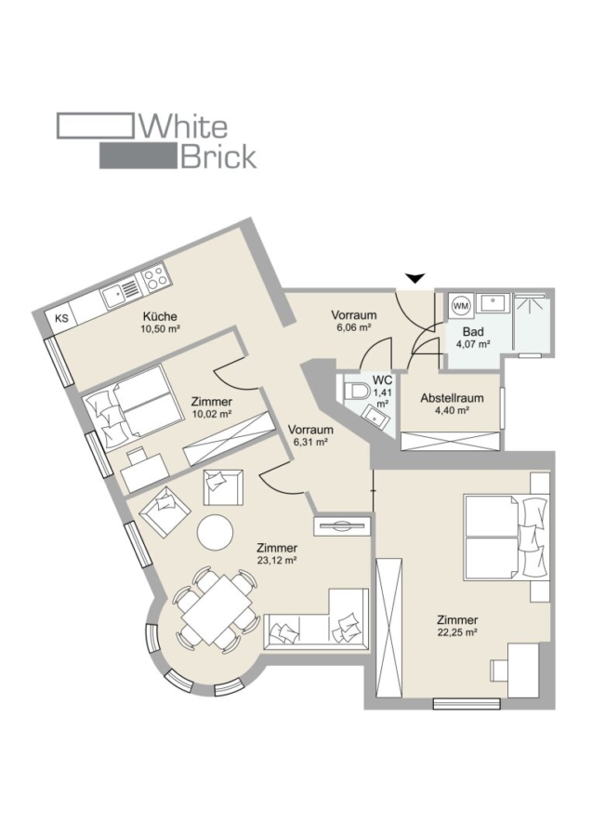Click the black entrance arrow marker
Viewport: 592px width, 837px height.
[415, 276]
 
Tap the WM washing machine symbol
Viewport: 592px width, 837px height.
[460, 304]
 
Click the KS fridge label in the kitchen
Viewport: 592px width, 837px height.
[62, 319]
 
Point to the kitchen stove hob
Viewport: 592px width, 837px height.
[155, 276]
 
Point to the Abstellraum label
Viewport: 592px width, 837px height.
[451, 398]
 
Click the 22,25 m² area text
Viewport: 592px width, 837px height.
[458, 632]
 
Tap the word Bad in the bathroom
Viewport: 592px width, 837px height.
[472, 331]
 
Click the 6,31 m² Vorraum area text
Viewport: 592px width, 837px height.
[309, 442]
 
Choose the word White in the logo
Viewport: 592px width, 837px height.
[183, 126]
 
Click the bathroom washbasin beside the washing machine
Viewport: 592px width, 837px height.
[493, 304]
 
